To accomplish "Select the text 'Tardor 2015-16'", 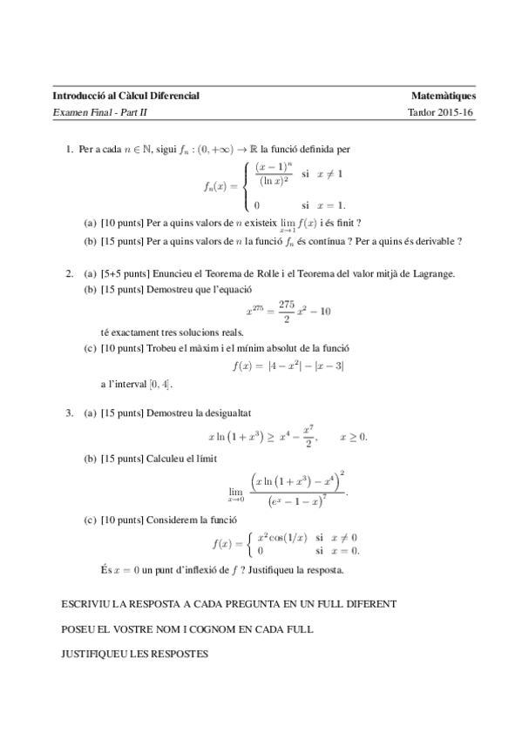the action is click(x=440, y=113).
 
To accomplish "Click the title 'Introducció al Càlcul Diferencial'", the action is click(x=126, y=96).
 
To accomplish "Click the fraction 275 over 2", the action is click(x=287, y=311).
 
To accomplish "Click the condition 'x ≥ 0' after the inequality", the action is click(x=353, y=436).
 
